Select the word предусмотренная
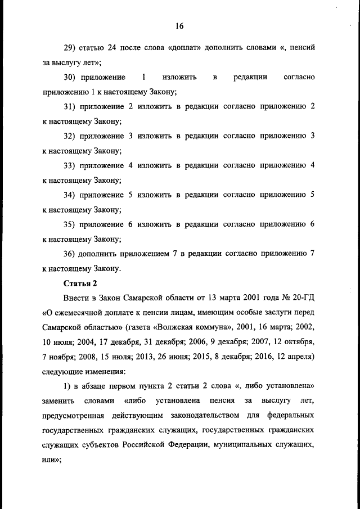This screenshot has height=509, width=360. [x=75, y=415]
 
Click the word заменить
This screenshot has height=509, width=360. [x=59, y=400]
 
